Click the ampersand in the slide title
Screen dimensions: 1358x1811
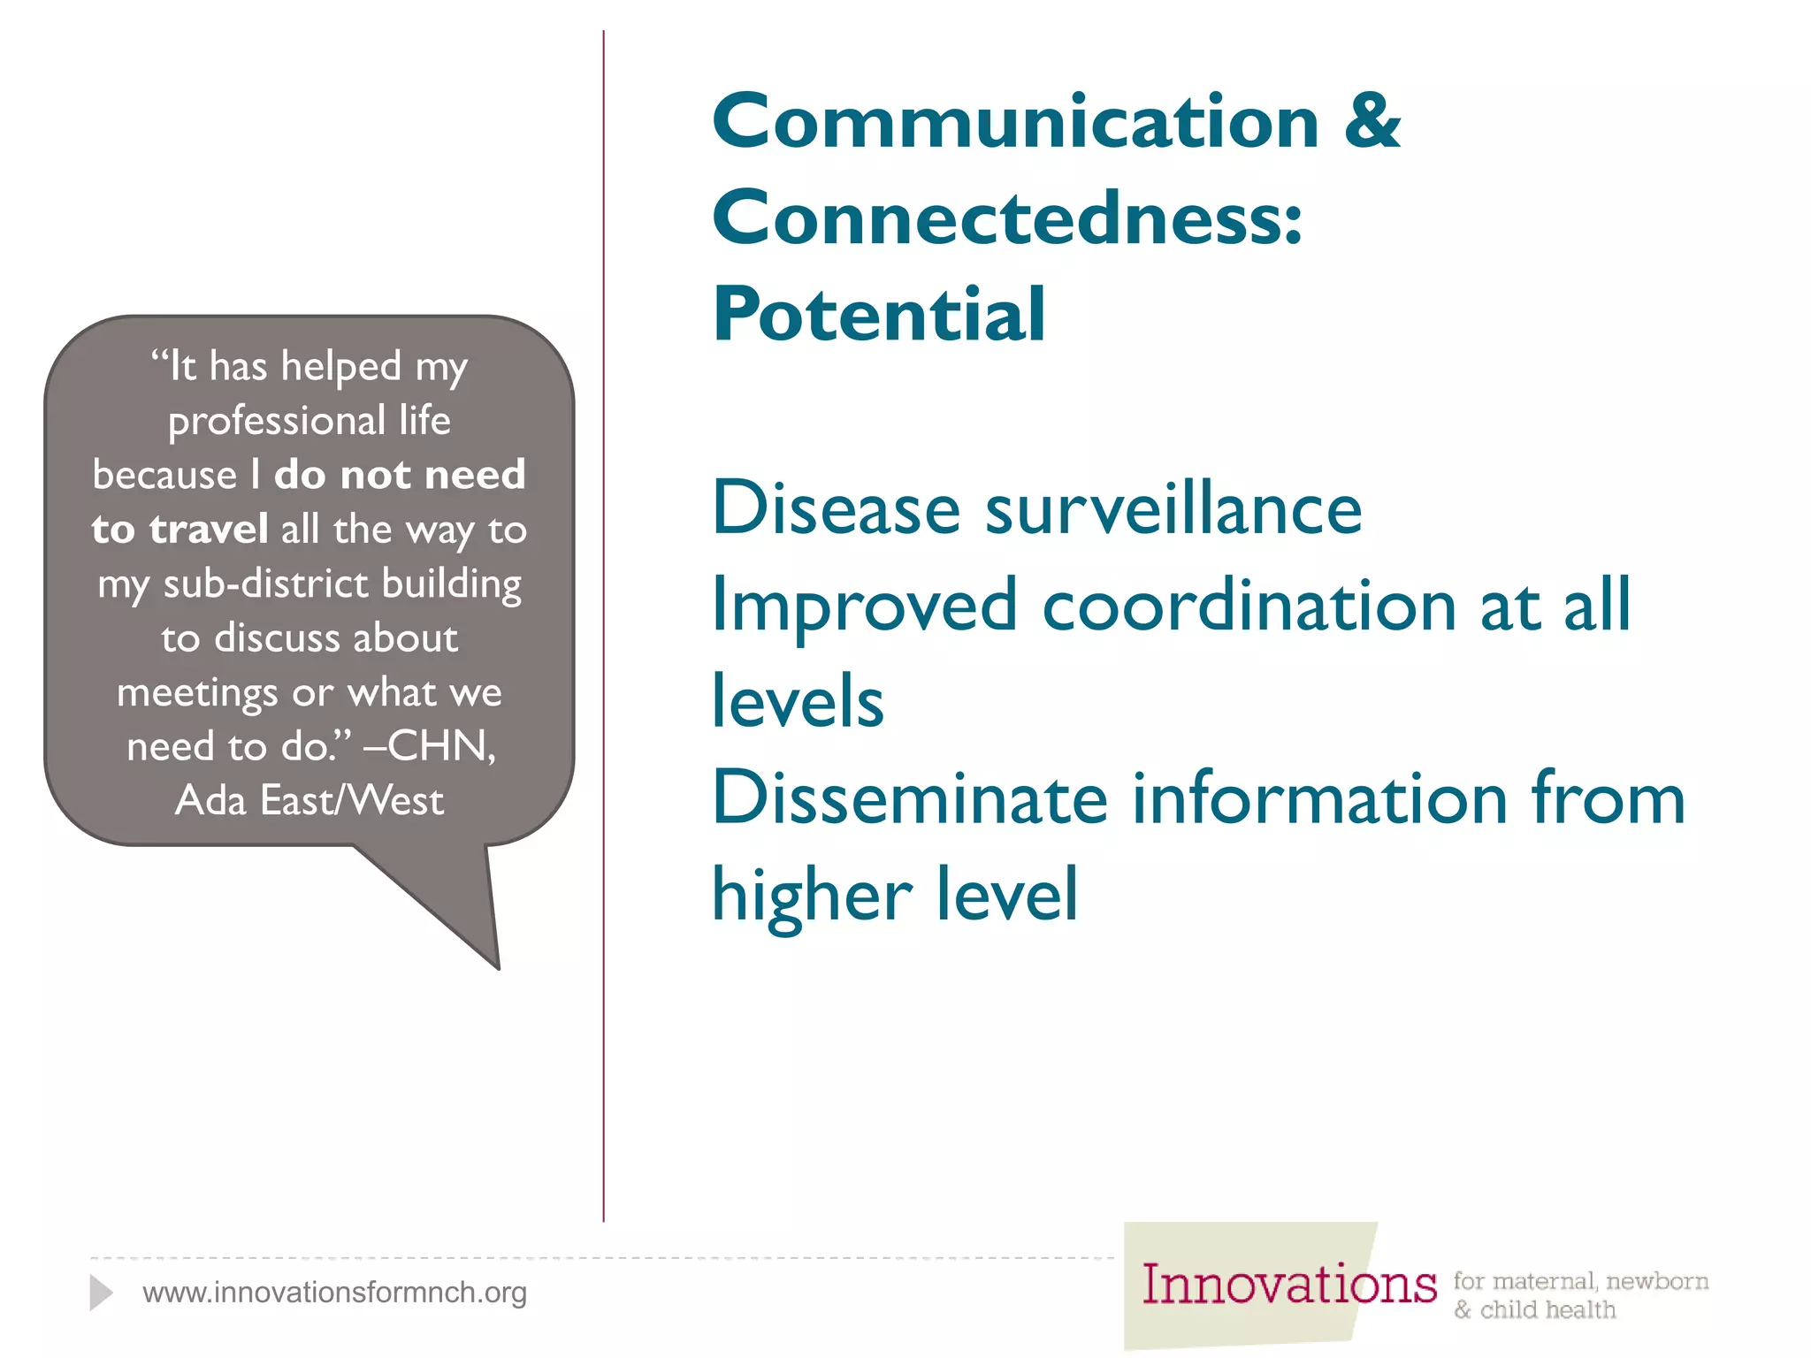[1372, 122]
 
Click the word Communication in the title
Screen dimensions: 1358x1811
[1016, 122]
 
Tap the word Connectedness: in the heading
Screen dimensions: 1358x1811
[1007, 218]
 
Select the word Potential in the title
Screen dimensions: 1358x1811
[879, 315]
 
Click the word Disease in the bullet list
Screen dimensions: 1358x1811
[837, 509]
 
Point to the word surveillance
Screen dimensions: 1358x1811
[1173, 509]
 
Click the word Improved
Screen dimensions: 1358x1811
[864, 607]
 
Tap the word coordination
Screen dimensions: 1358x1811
[1249, 607]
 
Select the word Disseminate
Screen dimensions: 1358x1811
[909, 798]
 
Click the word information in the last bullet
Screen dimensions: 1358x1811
[1318, 798]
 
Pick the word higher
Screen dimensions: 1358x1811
[812, 896]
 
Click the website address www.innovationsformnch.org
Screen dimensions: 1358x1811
[334, 1293]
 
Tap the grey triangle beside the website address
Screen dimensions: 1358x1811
[101, 1293]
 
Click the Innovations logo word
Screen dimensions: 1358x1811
[1288, 1286]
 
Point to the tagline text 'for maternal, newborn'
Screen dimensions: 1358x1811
[1580, 1281]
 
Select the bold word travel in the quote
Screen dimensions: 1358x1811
[209, 530]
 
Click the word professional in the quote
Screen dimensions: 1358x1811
[277, 421]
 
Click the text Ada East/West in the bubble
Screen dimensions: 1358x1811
[309, 801]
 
